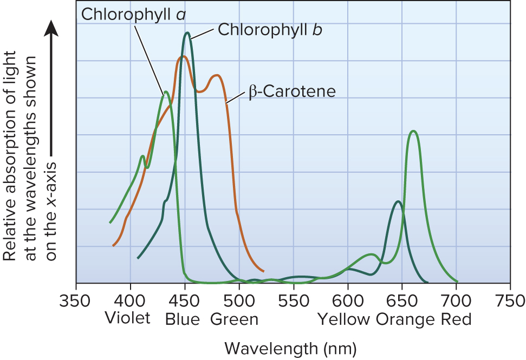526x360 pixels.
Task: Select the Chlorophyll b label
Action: [270, 29]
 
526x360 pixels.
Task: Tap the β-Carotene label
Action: [293, 91]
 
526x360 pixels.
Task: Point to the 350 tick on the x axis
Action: [76, 300]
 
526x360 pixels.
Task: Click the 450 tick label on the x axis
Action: [185, 300]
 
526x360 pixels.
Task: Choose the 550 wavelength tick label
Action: [293, 300]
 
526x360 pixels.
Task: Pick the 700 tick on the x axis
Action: [456, 300]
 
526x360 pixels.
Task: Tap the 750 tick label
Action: [510, 300]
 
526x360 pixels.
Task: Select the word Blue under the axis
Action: [183, 319]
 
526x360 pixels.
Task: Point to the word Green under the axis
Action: [234, 319]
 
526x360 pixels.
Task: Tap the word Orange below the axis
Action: [406, 319]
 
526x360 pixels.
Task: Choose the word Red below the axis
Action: [456, 319]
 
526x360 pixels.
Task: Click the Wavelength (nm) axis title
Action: [290, 346]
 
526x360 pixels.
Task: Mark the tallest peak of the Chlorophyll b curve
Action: [187, 33]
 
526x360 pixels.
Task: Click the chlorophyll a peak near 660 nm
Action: [413, 131]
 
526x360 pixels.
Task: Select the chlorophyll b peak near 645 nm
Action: [398, 201]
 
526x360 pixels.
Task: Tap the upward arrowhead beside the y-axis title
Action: [51, 28]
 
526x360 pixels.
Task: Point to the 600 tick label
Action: [348, 300]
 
